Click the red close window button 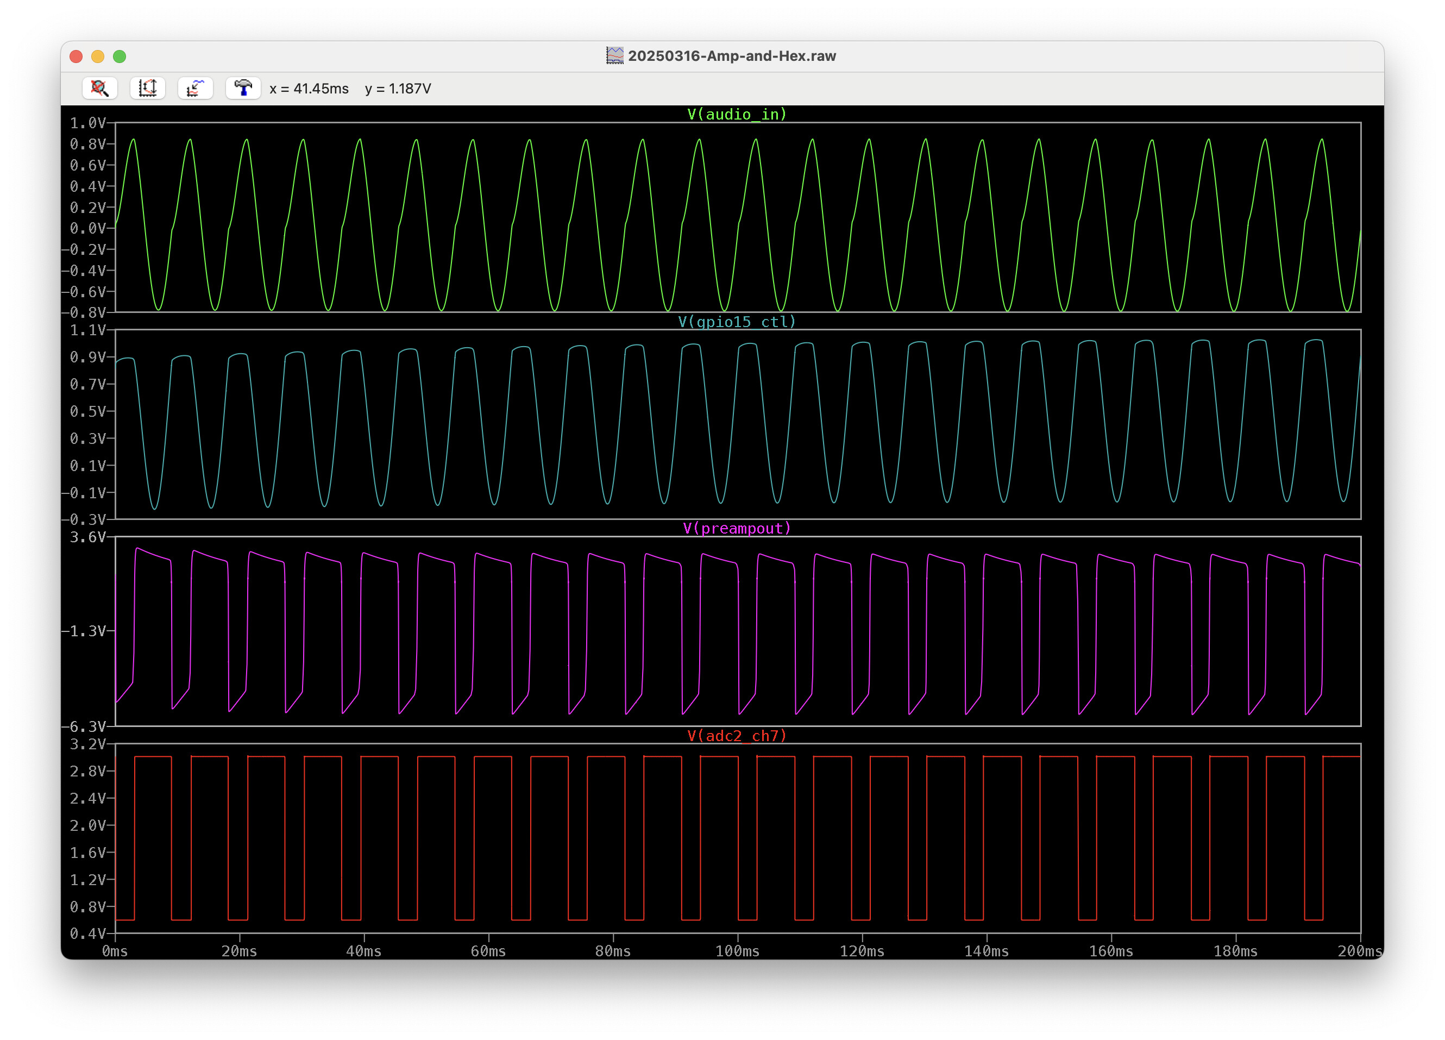(76, 56)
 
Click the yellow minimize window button (97, 56)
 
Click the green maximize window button (119, 56)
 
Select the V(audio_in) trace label (737, 114)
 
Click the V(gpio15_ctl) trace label (737, 321)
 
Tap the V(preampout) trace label (737, 528)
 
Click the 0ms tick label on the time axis (115, 951)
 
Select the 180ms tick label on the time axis (1235, 951)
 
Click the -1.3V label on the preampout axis (84, 631)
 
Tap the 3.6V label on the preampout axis (88, 537)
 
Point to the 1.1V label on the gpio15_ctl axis (88, 330)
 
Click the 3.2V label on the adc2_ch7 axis (88, 744)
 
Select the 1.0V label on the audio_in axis (88, 123)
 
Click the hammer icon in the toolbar (243, 88)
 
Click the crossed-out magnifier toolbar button (100, 88)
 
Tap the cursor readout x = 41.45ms (309, 89)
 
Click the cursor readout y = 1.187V (398, 89)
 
